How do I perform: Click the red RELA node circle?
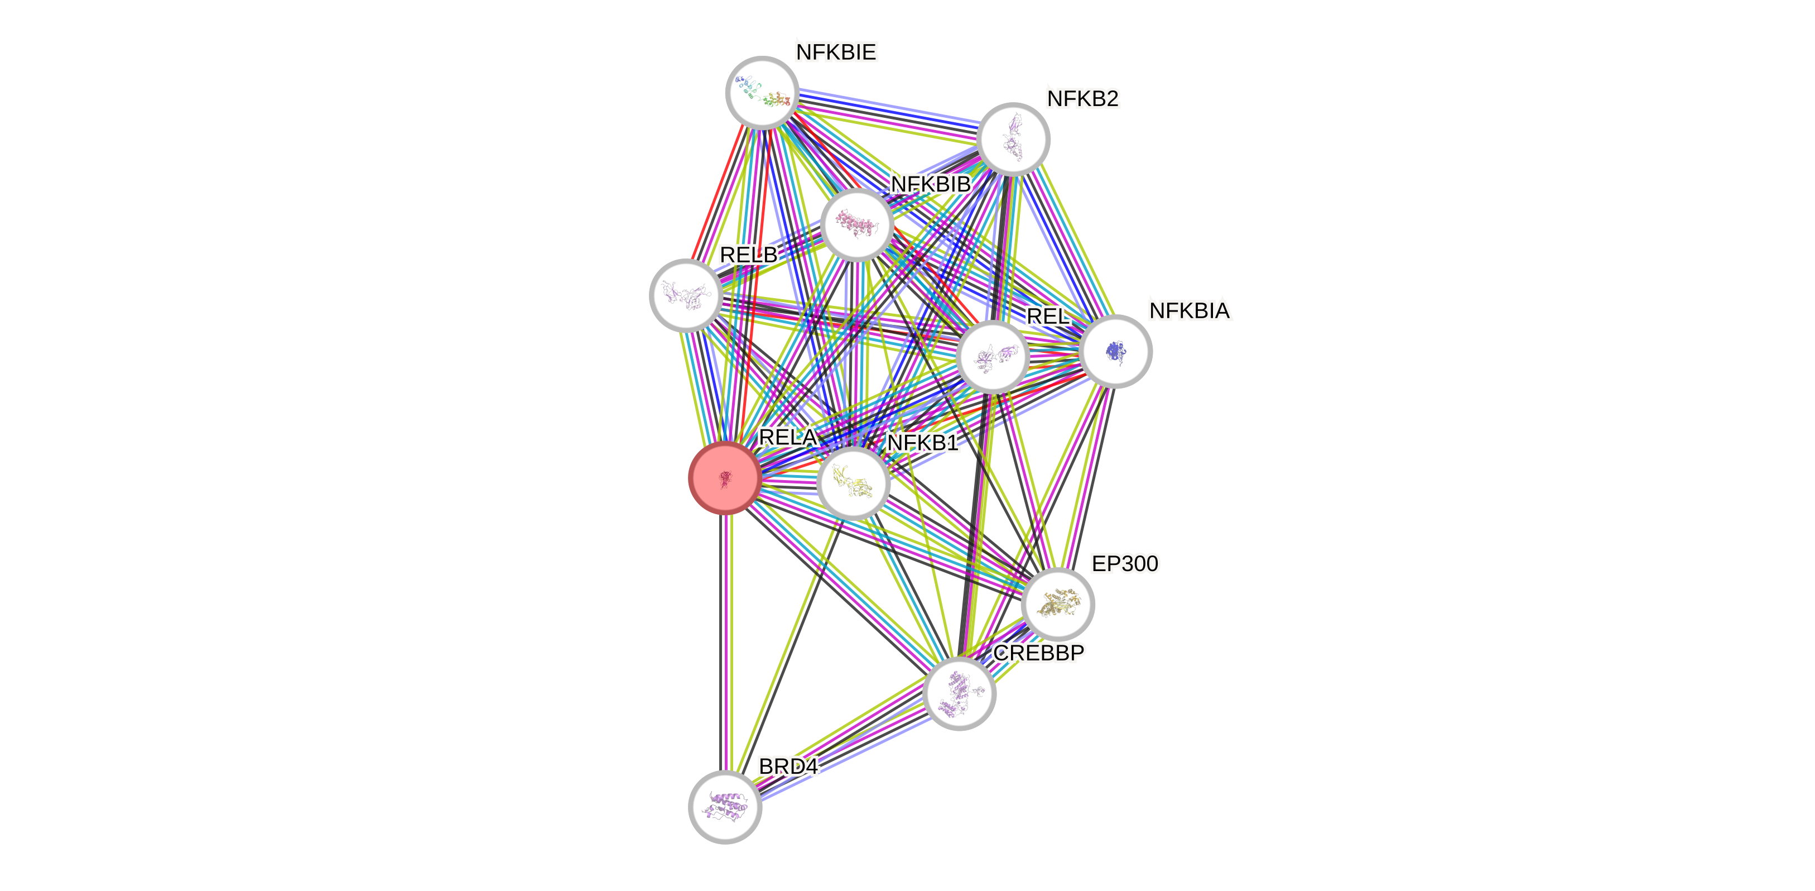pos(725,478)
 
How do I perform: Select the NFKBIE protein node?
pos(762,92)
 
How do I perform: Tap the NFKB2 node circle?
pos(1013,139)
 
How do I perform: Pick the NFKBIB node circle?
pos(858,225)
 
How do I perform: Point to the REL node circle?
pos(992,357)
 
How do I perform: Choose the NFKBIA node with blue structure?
pos(1115,351)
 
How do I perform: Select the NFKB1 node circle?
pos(853,483)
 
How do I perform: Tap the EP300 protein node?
pos(1057,604)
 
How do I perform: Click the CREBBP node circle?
pos(959,693)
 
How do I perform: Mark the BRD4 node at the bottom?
pos(725,806)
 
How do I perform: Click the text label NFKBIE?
pos(836,52)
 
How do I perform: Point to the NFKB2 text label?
pos(1082,99)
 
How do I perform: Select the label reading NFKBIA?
pos(1190,311)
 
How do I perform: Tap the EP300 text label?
pos(1124,563)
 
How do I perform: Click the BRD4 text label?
pos(788,767)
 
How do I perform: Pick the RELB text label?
pos(748,255)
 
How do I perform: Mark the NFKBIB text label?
pos(930,185)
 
